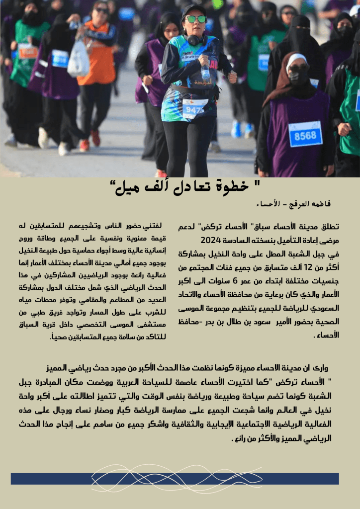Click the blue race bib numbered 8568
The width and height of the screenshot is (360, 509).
pos(305,134)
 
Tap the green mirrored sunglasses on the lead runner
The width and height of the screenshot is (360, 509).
pos(195,19)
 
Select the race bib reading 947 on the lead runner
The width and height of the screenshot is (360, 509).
pos(194,108)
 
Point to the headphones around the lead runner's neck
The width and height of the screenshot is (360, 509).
pos(195,39)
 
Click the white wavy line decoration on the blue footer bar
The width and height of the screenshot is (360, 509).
pos(177,478)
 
